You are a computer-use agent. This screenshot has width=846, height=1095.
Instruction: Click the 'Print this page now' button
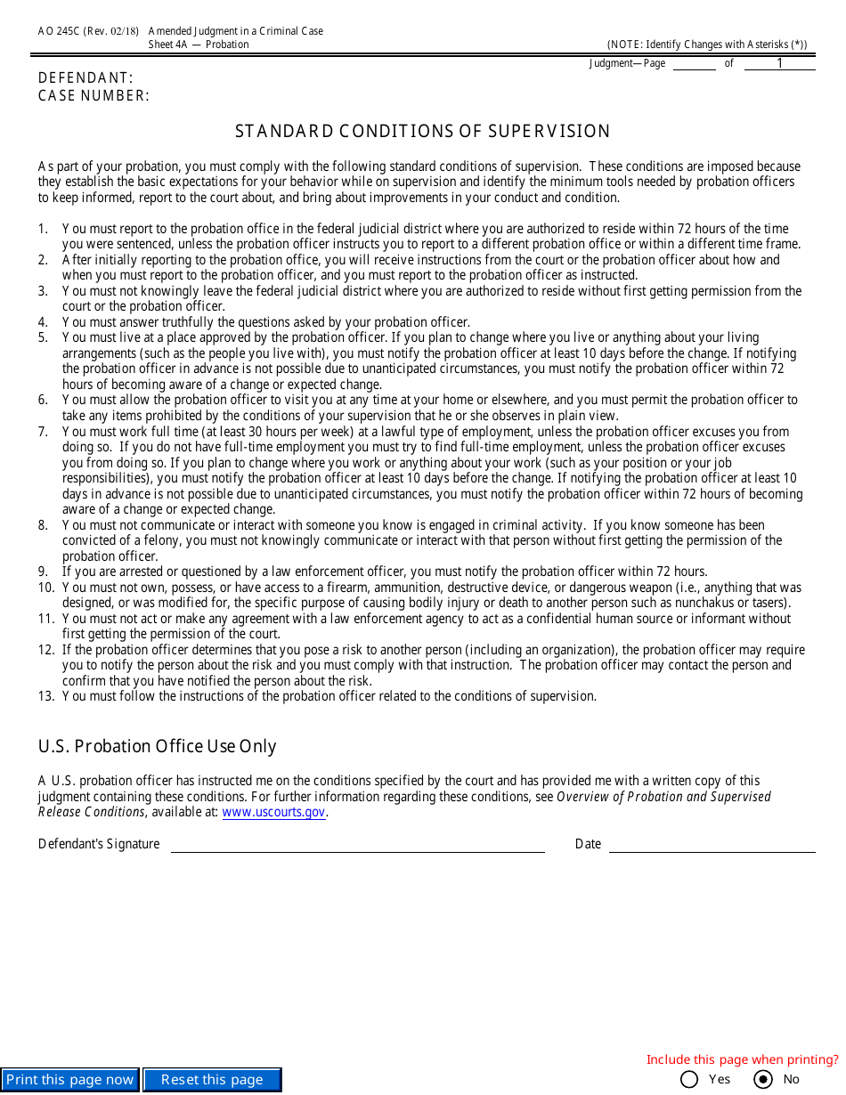coord(69,1080)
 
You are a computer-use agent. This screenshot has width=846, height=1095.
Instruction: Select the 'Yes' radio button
coord(689,1080)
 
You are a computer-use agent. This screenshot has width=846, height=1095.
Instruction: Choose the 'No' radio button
coord(763,1080)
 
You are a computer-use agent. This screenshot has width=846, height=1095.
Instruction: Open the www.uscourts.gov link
coord(273,813)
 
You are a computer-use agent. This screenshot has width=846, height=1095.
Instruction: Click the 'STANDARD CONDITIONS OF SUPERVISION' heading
coord(422,132)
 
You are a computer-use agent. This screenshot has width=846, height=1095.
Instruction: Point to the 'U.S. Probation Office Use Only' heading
coord(158,747)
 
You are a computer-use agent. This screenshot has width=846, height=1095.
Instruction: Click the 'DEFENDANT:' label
coord(85,78)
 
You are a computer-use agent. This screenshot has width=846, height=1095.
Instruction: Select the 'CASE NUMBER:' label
coord(94,96)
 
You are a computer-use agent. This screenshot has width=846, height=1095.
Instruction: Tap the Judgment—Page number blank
coord(694,63)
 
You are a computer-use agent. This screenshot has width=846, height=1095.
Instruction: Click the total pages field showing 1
coord(779,63)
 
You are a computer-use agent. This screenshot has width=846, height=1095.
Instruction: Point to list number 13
coord(46,697)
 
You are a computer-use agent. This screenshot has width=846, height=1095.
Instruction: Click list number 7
coord(43,432)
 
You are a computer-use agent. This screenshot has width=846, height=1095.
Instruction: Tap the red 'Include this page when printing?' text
coord(742,1059)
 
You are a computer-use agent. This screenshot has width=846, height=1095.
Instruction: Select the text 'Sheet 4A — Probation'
coord(199,45)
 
